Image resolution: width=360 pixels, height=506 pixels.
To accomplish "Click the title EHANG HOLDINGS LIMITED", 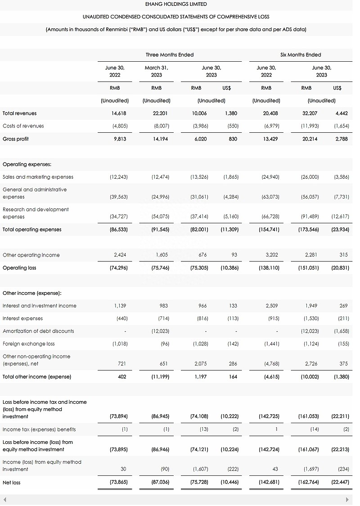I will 176,4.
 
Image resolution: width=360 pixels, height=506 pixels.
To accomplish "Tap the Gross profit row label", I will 16,139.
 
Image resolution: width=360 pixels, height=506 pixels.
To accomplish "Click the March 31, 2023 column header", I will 156,71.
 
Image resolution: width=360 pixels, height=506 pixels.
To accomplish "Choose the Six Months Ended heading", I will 301,54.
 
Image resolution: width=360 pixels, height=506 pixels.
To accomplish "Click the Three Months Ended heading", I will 169,54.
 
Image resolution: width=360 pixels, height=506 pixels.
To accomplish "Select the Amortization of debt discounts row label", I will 38,331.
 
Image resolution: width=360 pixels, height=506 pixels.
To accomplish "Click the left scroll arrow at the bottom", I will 4,500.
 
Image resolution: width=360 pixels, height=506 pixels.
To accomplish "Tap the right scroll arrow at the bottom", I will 347,500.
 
